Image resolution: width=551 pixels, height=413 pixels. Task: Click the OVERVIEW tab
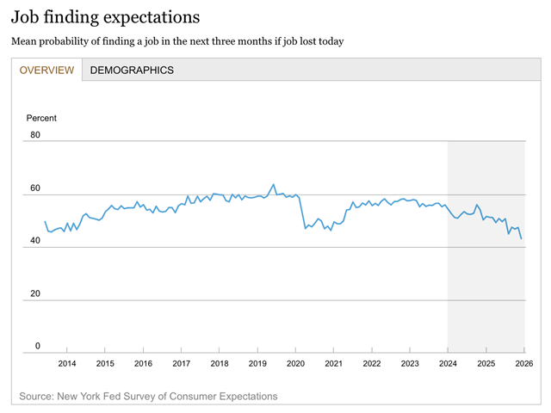pos(46,70)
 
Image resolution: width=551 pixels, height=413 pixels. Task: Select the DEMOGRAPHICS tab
pos(132,70)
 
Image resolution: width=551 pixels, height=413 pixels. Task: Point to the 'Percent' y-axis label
pos(41,118)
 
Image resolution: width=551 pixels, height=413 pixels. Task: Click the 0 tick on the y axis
pos(36,346)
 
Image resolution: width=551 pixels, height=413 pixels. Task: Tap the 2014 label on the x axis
pos(67,364)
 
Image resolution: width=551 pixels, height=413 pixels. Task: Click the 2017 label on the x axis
pos(181,364)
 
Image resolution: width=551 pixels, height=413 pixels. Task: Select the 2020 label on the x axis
pos(295,364)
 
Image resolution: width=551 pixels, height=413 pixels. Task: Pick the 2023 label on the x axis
pos(410,364)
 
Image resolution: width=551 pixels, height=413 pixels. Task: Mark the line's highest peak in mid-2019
pos(274,184)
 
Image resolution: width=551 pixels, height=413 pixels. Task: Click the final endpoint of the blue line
pos(522,238)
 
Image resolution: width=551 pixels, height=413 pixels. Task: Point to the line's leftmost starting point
pos(45,221)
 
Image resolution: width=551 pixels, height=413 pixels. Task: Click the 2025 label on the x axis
pos(486,364)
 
